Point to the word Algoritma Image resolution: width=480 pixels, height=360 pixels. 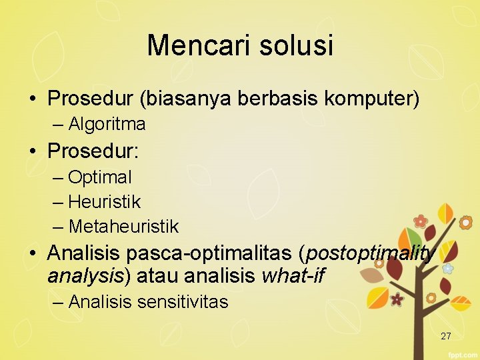click(107, 124)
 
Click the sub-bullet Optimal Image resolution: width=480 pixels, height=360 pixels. click(100, 177)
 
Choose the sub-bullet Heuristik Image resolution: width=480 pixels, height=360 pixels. click(105, 201)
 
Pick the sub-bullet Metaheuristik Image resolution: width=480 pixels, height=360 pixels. click(123, 227)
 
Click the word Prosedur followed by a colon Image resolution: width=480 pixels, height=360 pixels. click(93, 151)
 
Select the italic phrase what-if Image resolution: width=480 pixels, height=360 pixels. click(293, 275)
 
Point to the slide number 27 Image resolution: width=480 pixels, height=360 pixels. click(446, 336)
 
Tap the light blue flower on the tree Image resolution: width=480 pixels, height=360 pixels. click(448, 268)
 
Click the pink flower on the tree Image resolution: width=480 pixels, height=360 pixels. click(420, 221)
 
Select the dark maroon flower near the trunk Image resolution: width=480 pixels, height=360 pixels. click(397, 299)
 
